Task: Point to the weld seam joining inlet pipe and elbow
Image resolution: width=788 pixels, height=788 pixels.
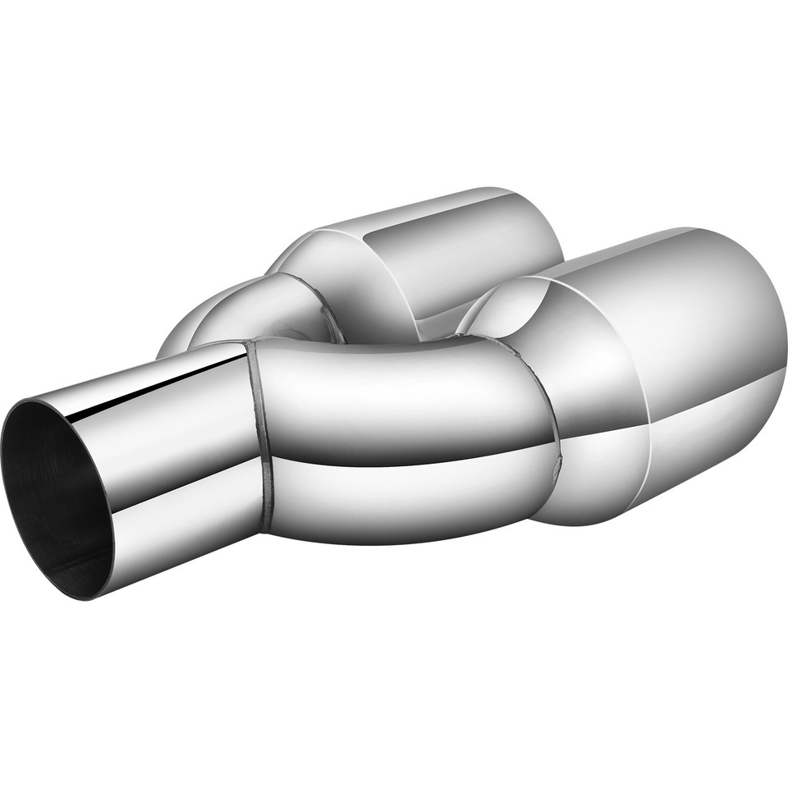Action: tap(261, 435)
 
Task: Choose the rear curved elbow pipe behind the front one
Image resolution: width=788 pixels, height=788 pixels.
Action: tap(246, 312)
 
